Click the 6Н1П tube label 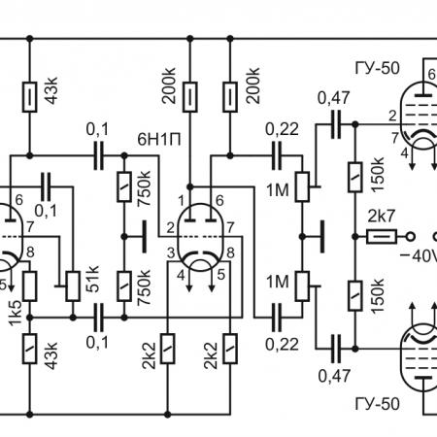point(158,140)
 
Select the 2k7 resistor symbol point(382,237)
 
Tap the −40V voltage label point(419,256)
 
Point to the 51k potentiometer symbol point(73,286)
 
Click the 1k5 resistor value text point(16,313)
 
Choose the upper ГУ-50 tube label point(378,68)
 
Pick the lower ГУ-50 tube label point(378,404)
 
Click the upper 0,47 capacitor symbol point(336,124)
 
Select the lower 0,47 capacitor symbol point(336,349)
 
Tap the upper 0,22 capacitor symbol point(277,155)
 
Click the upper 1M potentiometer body point(303,187)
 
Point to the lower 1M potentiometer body point(303,286)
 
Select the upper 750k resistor point(124,187)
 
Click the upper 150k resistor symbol point(355,177)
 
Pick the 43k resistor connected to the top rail point(29,97)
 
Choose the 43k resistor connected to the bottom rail point(29,349)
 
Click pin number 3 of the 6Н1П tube point(171,253)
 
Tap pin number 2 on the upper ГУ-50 point(392,116)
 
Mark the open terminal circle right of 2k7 point(411,237)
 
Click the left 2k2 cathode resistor point(168,349)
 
